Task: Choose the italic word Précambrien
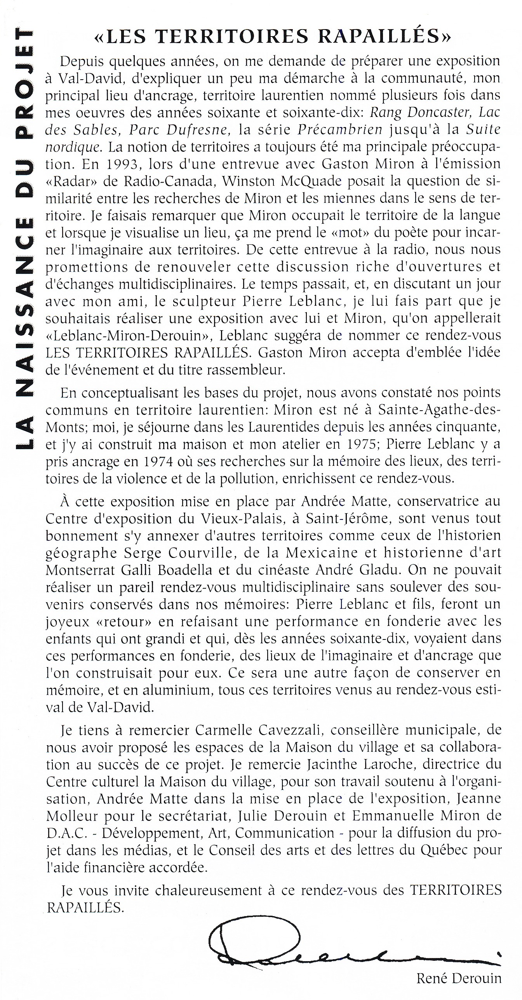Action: tap(340, 130)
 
